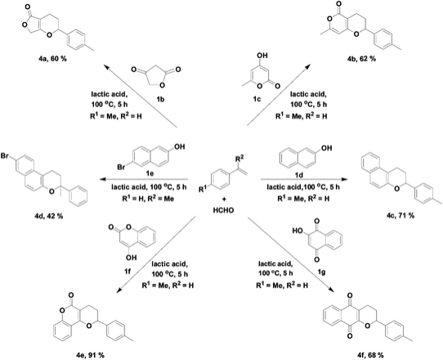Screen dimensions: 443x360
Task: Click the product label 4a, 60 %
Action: pyautogui.click(x=53, y=59)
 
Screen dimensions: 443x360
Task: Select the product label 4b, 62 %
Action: pyautogui.click(x=362, y=59)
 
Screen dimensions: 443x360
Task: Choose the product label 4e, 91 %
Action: pyautogui.click(x=90, y=355)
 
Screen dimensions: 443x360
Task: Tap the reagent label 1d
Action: pyautogui.click(x=299, y=175)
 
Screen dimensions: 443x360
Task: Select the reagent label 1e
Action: pyautogui.click(x=150, y=174)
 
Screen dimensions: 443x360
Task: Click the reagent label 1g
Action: pyautogui.click(x=322, y=272)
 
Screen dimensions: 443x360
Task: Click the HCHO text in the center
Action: pyautogui.click(x=224, y=210)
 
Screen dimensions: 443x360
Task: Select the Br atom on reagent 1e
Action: pyautogui.click(x=122, y=168)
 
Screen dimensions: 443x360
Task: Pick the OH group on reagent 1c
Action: pyautogui.click(x=262, y=55)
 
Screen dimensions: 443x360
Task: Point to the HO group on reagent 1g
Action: pyautogui.click(x=298, y=231)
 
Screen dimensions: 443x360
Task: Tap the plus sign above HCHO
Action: pyautogui.click(x=224, y=199)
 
